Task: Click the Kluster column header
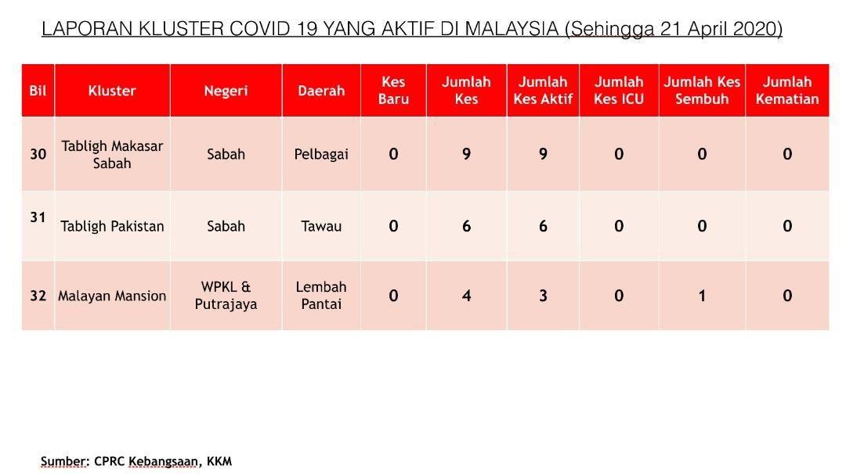(x=112, y=91)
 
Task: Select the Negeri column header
(x=226, y=91)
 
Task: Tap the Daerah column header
(x=321, y=91)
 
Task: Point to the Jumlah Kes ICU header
(x=619, y=91)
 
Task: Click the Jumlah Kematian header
(x=787, y=91)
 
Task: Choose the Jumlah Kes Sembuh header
(x=702, y=91)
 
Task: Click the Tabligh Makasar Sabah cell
(x=112, y=155)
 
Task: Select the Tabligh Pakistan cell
(x=112, y=226)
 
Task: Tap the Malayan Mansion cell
(x=112, y=296)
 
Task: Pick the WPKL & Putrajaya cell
(x=226, y=296)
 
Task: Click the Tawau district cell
(x=321, y=226)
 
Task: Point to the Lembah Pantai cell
(x=321, y=296)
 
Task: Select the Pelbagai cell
(x=321, y=155)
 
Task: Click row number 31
(x=38, y=217)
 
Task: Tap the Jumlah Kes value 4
(x=466, y=296)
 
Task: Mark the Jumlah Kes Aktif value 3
(x=543, y=296)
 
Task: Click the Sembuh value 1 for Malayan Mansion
(x=702, y=296)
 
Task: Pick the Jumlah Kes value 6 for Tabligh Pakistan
(x=466, y=226)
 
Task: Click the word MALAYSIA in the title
(x=512, y=28)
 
